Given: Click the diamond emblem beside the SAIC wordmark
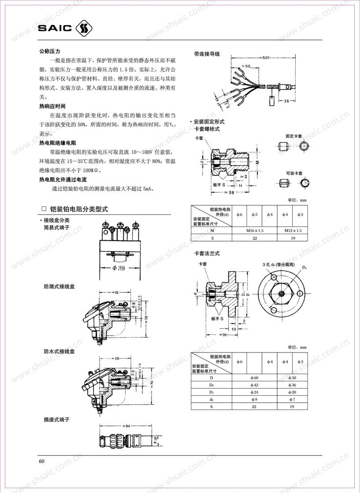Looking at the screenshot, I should pyautogui.click(x=85, y=29).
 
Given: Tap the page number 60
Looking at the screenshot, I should pyautogui.click(x=41, y=461).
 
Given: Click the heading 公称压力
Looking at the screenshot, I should pyautogui.click(x=50, y=52).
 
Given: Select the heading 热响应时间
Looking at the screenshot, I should pyautogui.click(x=52, y=106).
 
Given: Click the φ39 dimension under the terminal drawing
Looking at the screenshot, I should pyautogui.click(x=119, y=268).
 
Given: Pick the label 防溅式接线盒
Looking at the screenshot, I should pyautogui.click(x=59, y=286).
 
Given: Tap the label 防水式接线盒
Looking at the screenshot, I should pyautogui.click(x=59, y=352).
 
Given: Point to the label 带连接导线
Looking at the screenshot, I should pyautogui.click(x=207, y=54).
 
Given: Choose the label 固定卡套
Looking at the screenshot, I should pyautogui.click(x=294, y=137).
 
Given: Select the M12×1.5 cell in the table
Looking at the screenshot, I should pyautogui.click(x=293, y=230).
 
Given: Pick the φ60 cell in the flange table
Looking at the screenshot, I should pyautogui.click(x=255, y=378).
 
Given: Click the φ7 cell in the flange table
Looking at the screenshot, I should pyautogui.click(x=293, y=399).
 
